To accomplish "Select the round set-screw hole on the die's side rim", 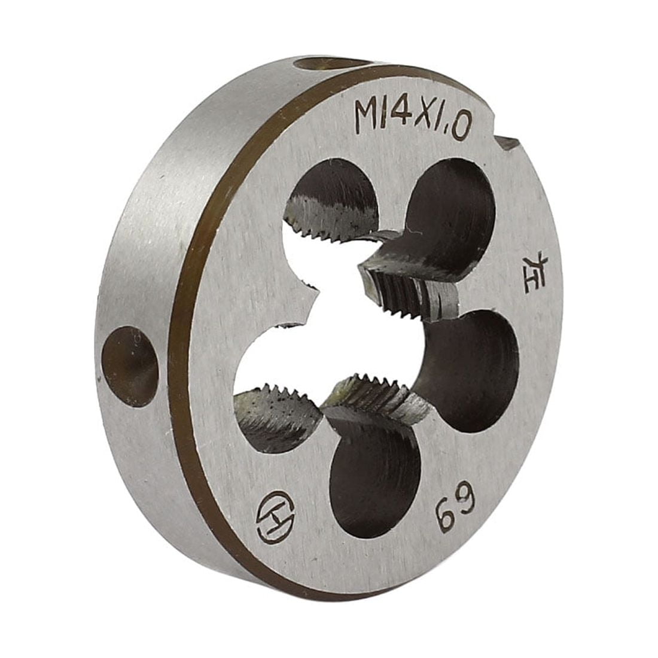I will pos(130,366).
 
